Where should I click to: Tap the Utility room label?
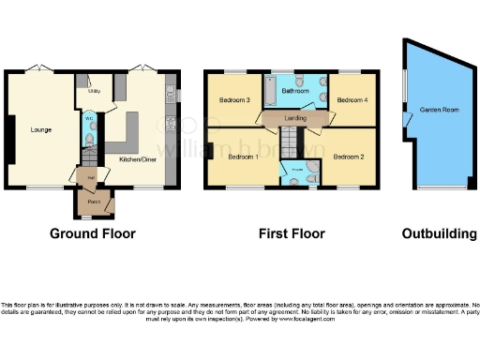(95, 92)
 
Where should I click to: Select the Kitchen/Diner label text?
(137, 160)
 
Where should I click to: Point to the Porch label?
(94, 201)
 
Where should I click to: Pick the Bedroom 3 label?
(234, 99)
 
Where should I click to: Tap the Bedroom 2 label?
(349, 157)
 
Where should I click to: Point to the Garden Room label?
(437, 110)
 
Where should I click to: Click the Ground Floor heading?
(93, 233)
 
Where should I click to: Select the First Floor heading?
(292, 233)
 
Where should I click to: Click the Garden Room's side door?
(406, 122)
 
